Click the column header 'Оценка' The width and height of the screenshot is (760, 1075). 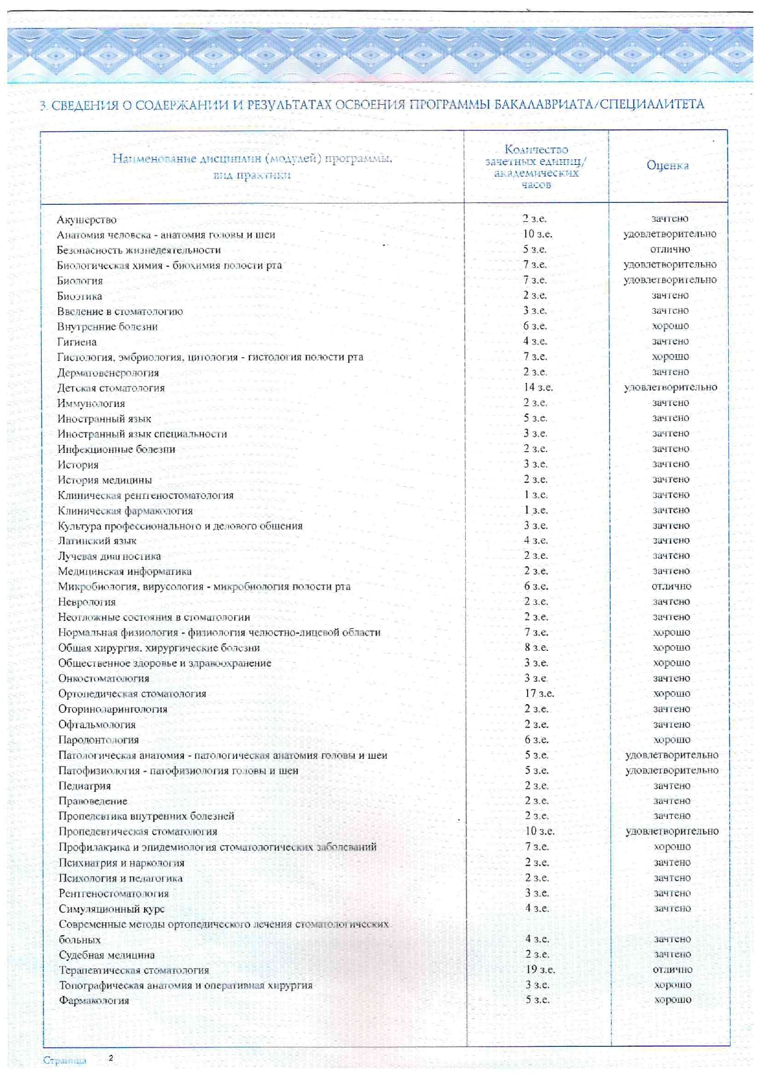pos(667,165)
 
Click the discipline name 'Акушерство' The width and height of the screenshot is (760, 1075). pos(86,219)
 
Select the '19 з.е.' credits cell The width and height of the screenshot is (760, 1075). pos(539,970)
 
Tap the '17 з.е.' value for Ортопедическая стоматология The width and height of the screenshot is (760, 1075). pos(539,693)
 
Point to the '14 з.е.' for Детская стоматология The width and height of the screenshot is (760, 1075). pos(538,387)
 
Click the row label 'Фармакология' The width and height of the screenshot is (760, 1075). pos(94,1000)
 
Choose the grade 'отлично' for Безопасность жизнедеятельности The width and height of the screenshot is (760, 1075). pos(670,249)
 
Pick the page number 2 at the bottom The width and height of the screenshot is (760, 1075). pos(111,1058)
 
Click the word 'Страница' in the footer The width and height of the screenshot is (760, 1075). pos(64,1060)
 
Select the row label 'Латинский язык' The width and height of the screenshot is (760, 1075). pos(97,541)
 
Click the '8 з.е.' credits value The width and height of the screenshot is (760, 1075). pos(536,647)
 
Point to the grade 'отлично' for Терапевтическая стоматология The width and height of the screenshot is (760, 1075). pos(672,970)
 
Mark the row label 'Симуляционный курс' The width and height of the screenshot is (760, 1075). pos(112,908)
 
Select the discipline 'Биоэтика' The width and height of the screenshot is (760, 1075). pos(80,296)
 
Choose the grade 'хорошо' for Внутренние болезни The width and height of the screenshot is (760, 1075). pos(671,326)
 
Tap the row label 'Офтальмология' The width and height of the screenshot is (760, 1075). pos(97,724)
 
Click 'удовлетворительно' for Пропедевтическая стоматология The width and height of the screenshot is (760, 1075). pos(672,831)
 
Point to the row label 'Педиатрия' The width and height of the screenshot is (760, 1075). pos(85,786)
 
